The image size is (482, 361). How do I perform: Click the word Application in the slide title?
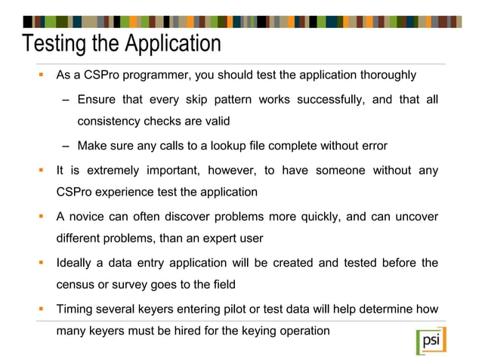click(x=171, y=44)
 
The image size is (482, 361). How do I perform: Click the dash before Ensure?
click(x=66, y=100)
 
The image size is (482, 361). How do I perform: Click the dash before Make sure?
click(x=66, y=146)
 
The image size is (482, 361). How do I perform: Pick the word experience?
click(x=138, y=193)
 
